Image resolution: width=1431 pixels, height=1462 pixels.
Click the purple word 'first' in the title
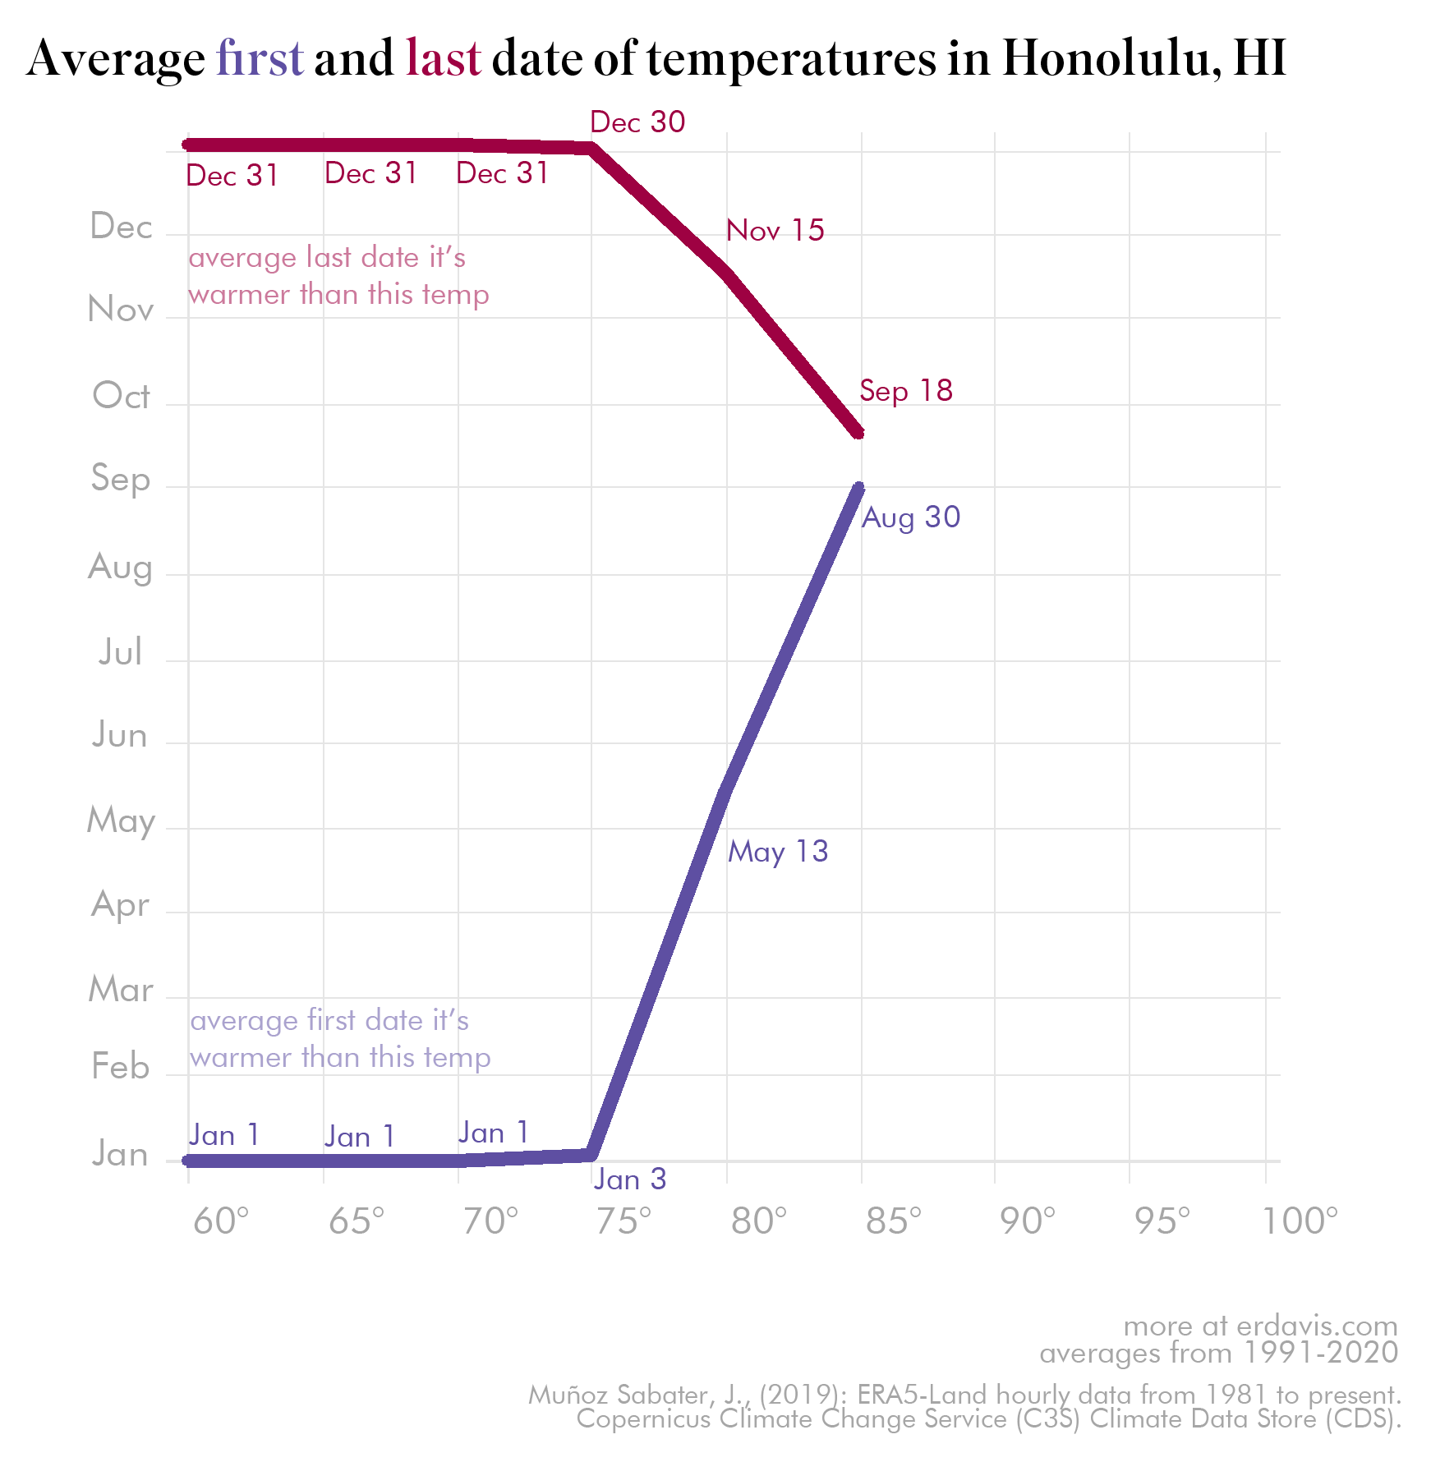tap(260, 59)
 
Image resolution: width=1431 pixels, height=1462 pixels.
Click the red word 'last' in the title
tap(443, 59)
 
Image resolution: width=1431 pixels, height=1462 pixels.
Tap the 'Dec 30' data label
tap(637, 122)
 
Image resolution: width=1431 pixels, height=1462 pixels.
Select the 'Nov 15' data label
tap(775, 231)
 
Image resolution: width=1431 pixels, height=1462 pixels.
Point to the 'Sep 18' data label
tap(906, 391)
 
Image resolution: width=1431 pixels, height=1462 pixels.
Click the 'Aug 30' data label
tap(911, 517)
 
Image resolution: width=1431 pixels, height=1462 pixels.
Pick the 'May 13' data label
tap(778, 852)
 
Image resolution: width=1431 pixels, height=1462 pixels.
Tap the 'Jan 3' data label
tap(630, 1179)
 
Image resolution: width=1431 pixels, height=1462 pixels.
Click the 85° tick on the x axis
tap(894, 1221)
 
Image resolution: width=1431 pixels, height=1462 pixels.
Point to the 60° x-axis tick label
tap(221, 1221)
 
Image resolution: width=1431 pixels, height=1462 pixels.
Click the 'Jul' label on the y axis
tap(121, 652)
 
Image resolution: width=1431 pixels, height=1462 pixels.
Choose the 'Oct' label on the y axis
tap(121, 396)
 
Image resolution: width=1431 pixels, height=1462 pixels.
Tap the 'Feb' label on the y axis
tap(121, 1067)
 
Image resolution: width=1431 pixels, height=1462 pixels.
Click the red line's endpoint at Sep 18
tap(859, 433)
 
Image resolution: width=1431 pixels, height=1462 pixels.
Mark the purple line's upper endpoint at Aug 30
tap(859, 487)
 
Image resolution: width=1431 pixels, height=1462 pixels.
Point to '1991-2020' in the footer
tap(1321, 1353)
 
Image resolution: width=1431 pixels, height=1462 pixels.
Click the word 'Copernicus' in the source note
tap(643, 1418)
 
